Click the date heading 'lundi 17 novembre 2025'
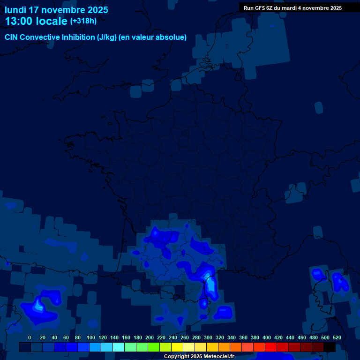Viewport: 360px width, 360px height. (x=56, y=10)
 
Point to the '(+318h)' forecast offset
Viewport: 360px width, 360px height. (x=83, y=21)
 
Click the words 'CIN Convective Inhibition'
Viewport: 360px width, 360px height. (x=50, y=37)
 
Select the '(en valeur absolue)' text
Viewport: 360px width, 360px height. (x=153, y=37)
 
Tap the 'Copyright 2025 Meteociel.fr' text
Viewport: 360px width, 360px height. (x=199, y=356)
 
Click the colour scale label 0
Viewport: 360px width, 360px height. (x=30, y=337)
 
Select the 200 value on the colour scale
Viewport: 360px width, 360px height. (x=150, y=337)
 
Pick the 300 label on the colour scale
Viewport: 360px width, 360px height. (x=208, y=337)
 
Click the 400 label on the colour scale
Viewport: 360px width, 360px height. (x=267, y=337)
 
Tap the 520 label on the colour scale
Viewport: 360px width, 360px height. (x=337, y=337)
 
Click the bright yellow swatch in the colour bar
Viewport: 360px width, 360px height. (x=177, y=347)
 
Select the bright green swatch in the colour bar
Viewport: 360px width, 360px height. (x=153, y=347)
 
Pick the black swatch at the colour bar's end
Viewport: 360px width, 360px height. (x=329, y=347)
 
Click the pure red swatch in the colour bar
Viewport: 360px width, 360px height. (x=270, y=347)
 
